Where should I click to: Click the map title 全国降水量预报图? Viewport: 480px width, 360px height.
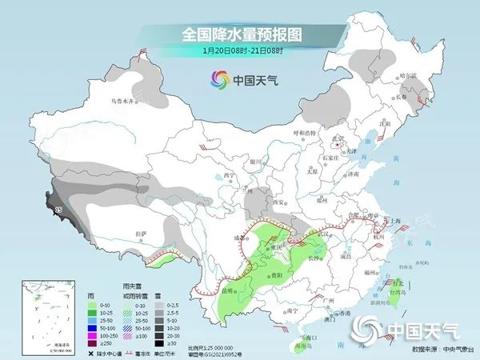tap(240, 34)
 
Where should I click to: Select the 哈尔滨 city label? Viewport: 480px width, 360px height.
tap(408, 75)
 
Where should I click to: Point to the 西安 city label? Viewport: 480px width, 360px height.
tap(278, 202)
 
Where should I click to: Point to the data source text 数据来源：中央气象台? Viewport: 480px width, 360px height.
tap(439, 349)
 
